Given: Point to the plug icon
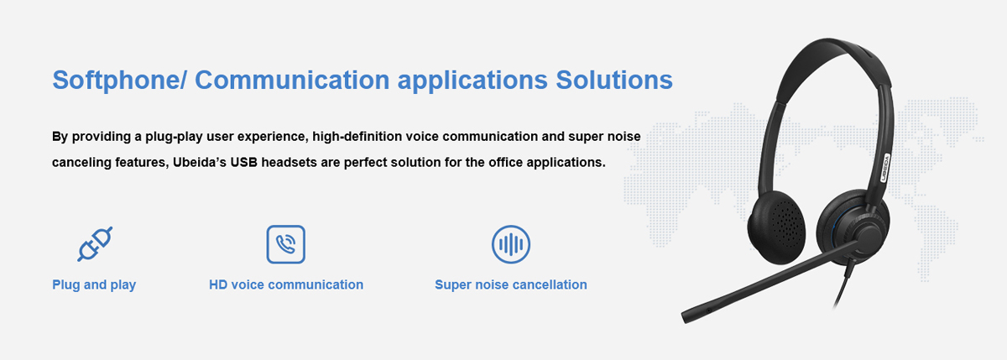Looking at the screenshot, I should [94, 244].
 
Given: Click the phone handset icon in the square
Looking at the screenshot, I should [285, 244].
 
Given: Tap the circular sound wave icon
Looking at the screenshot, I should [511, 244].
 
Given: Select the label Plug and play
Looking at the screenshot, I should [94, 285].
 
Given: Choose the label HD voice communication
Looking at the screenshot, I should [285, 285].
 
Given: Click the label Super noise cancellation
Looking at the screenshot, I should [510, 285].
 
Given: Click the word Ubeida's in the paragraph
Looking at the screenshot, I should [199, 162].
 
